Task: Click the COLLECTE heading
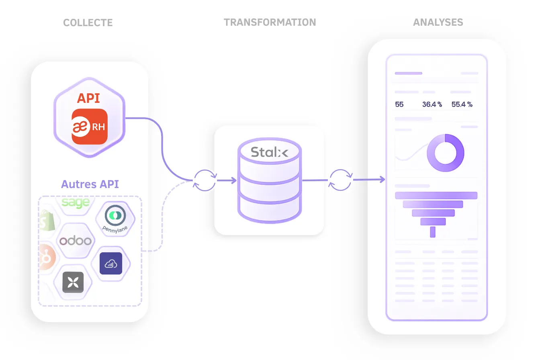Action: pos(88,22)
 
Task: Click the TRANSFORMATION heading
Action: pos(270,22)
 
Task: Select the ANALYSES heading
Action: pos(438,22)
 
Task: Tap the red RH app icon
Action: pos(90,127)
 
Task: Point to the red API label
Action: pos(89,98)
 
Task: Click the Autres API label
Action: pos(90,184)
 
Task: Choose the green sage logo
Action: pos(76,203)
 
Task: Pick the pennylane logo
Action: pos(115,219)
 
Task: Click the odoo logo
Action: pos(76,241)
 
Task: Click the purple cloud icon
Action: pos(110,264)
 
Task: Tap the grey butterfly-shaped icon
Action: pos(73,282)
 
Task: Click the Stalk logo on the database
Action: pos(269,152)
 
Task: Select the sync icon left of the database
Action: pos(205,180)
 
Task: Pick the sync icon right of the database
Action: pos(341,180)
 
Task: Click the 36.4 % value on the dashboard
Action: pos(432,104)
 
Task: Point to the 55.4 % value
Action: pos(462,104)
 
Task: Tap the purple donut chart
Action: pos(445,153)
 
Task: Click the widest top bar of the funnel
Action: pos(436,196)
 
